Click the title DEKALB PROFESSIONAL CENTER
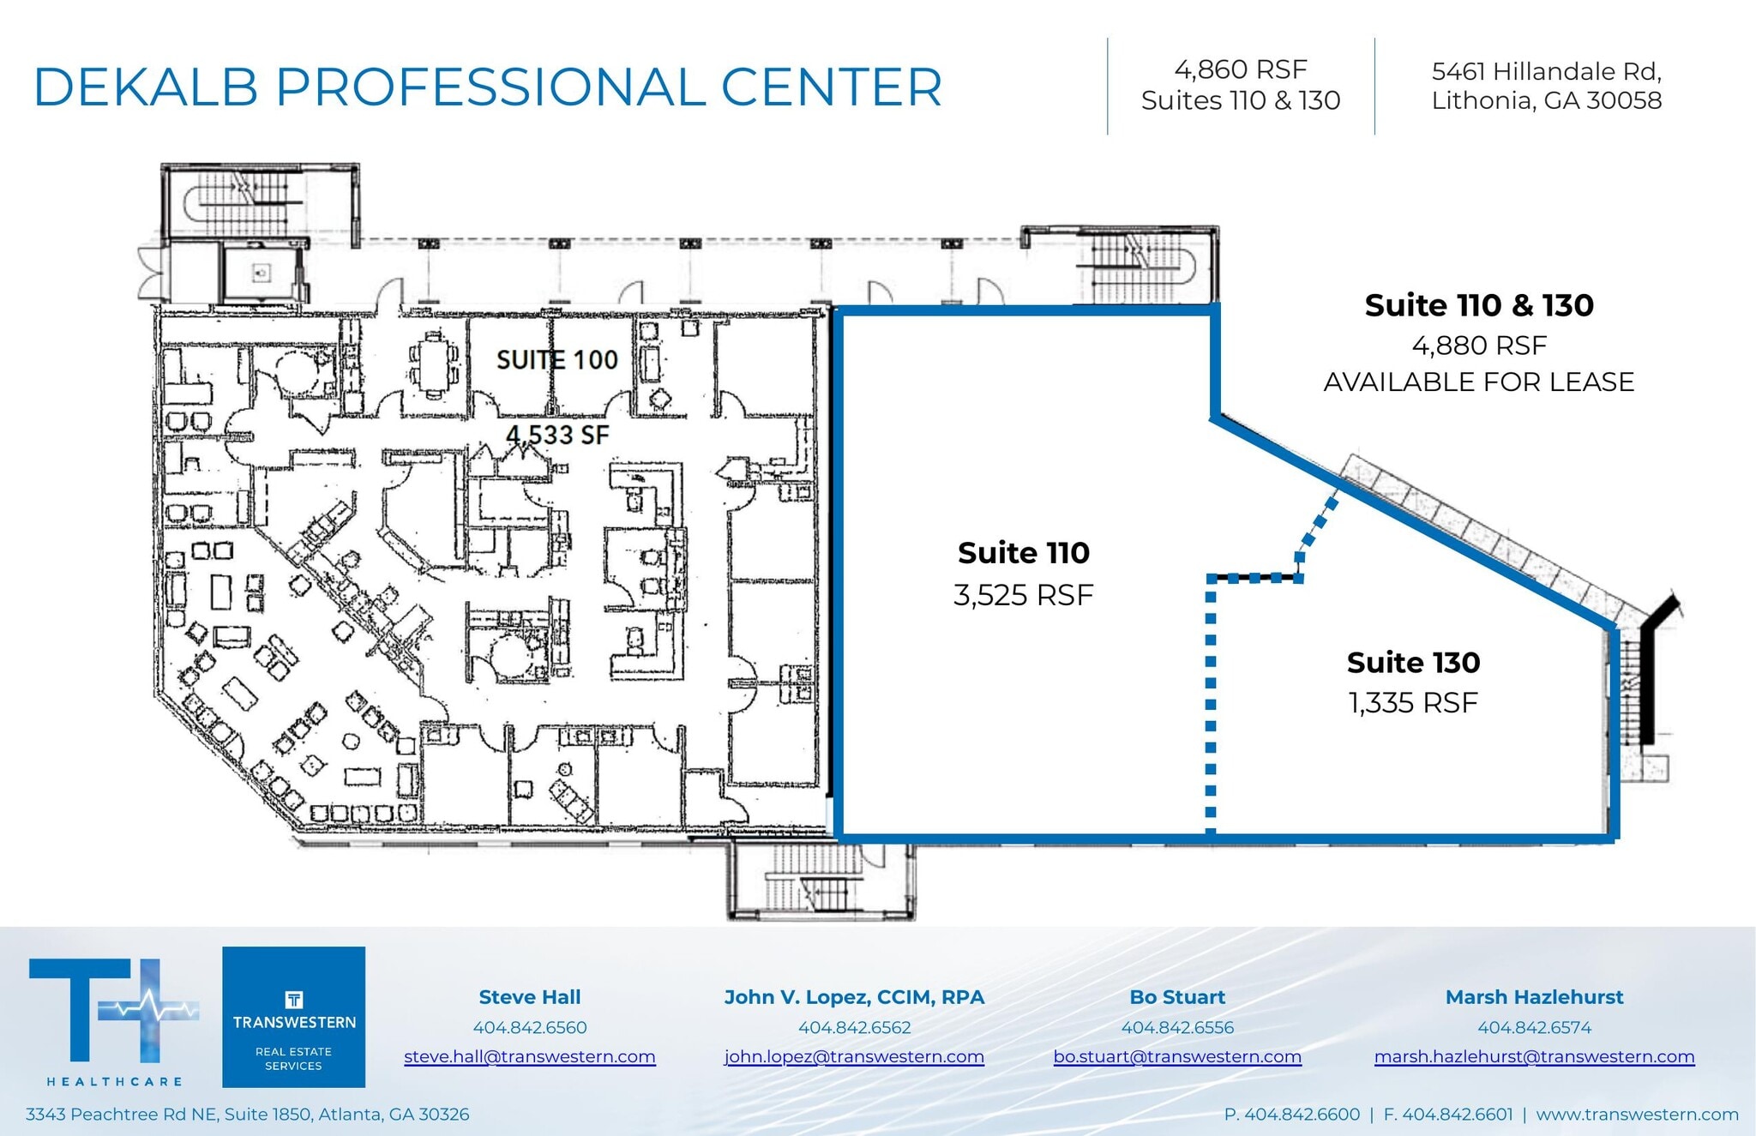(x=487, y=87)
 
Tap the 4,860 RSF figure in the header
(x=1240, y=69)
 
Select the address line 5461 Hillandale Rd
(x=1546, y=71)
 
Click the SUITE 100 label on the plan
(x=557, y=360)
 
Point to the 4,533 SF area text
(x=557, y=436)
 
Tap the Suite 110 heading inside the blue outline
(x=1023, y=553)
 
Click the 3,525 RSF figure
(x=1023, y=595)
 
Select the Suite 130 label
(x=1413, y=663)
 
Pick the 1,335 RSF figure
(x=1413, y=703)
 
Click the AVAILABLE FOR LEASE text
(x=1478, y=382)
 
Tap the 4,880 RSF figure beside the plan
(x=1478, y=346)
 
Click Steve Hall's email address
(x=529, y=1056)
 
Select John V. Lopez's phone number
(x=854, y=1027)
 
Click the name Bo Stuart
(x=1176, y=997)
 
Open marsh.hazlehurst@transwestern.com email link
(x=1534, y=1056)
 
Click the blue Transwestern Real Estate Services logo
(x=293, y=1017)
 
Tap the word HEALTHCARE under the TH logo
(x=114, y=1082)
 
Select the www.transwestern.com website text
(x=1637, y=1114)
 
